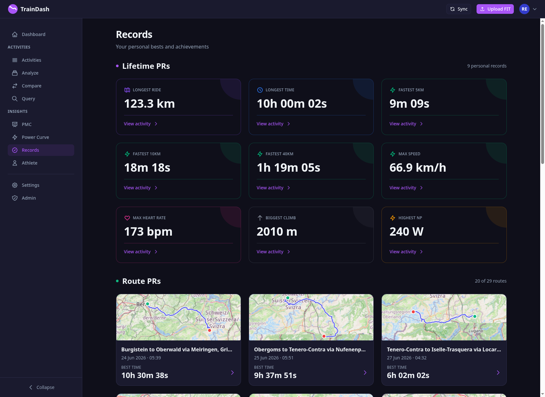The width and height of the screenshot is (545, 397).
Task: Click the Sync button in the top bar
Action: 459,9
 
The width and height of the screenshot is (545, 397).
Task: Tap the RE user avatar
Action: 524,9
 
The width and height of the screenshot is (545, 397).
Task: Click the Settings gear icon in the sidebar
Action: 15,185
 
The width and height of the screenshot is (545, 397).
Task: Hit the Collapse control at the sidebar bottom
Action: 41,387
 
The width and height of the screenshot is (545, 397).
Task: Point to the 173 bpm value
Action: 148,231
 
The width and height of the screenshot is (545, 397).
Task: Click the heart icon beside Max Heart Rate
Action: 127,218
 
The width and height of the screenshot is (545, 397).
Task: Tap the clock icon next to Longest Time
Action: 260,90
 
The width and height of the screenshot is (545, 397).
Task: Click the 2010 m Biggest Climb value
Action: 277,231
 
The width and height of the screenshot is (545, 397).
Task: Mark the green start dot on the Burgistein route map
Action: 147,304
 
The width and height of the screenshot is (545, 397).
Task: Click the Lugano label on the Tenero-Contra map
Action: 476,331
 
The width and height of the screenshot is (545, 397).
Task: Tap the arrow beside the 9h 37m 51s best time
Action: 365,373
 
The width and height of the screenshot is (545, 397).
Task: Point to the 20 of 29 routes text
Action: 490,281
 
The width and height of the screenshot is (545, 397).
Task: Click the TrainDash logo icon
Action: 13,9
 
